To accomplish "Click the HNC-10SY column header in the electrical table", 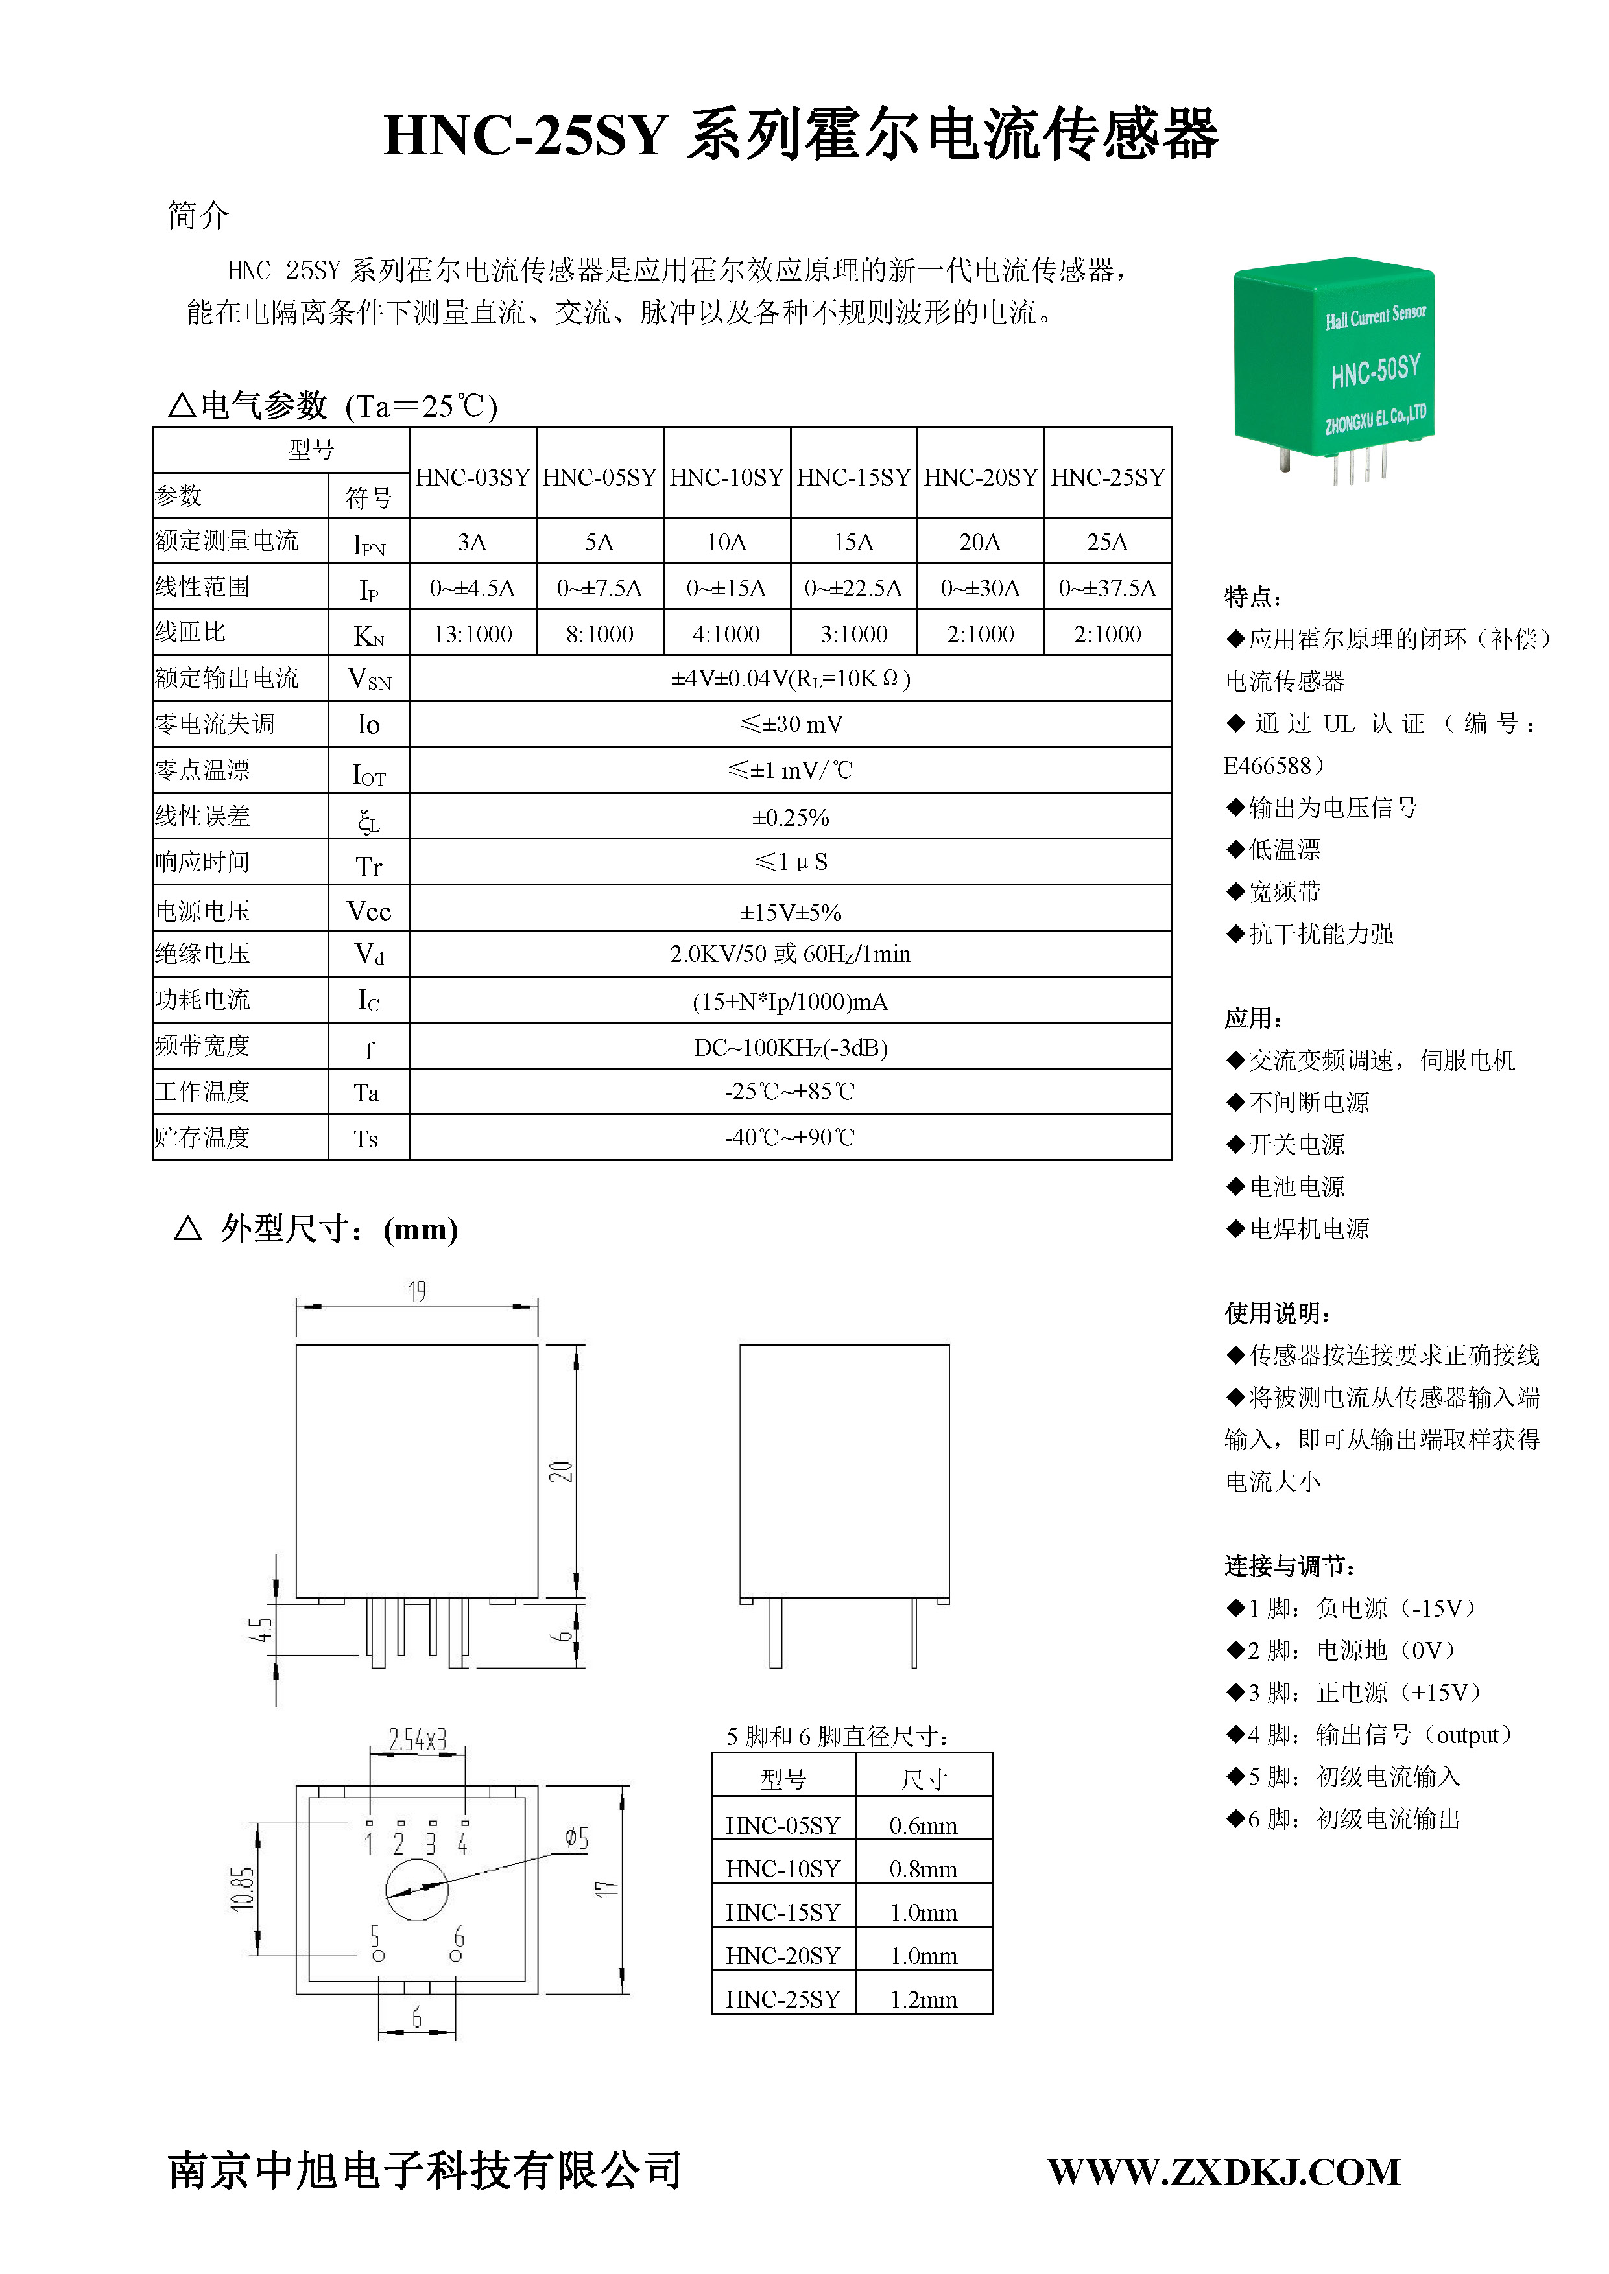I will coord(726,477).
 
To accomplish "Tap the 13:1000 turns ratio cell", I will coord(473,634).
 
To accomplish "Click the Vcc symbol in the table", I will coord(368,911).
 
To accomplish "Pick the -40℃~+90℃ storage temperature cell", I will coord(790,1137).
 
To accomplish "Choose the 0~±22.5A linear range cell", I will coord(853,589).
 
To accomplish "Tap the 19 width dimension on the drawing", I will coord(417,1291).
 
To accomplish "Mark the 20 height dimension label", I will coord(562,1471).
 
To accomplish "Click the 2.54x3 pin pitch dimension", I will coord(417,1740).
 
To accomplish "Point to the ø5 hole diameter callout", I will coord(577,1839).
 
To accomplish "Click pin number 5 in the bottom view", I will coord(374,1934).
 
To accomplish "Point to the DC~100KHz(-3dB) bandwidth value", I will coord(790,1048).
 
